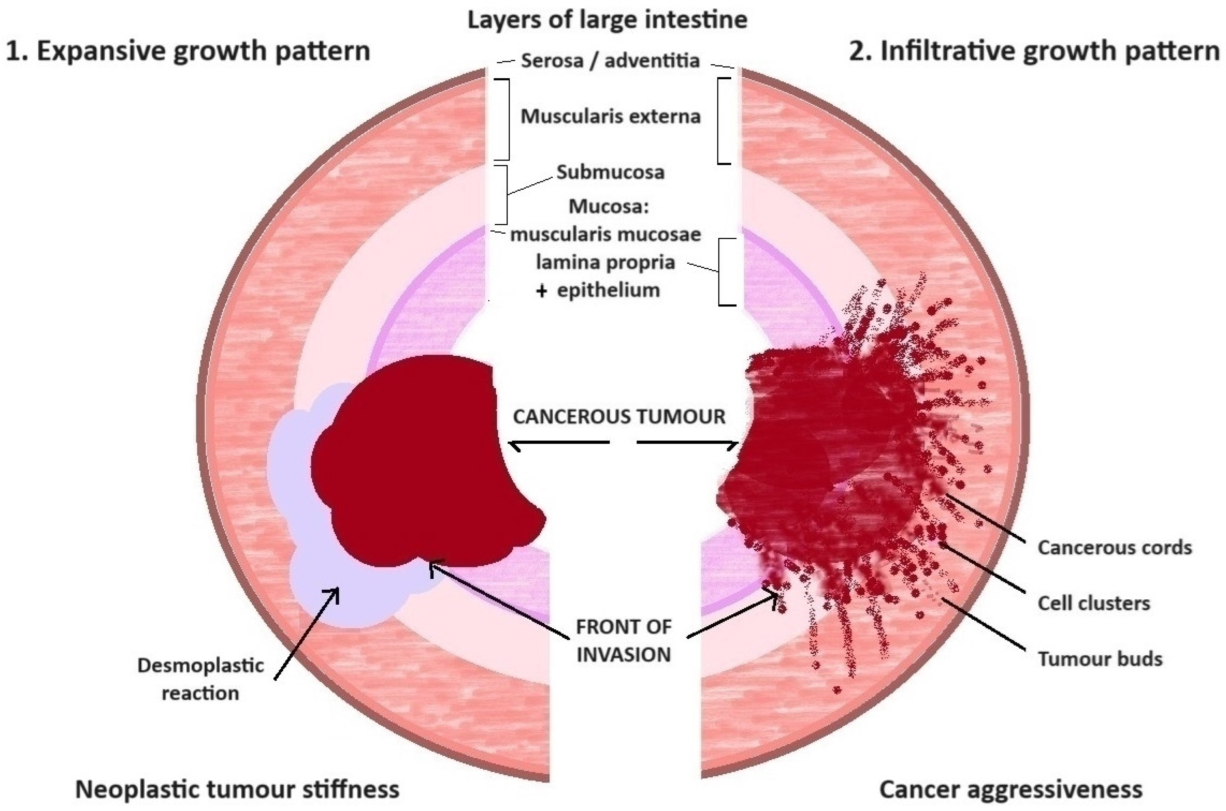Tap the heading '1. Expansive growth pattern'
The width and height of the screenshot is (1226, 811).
tap(188, 52)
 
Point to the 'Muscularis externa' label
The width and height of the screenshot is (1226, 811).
tap(610, 116)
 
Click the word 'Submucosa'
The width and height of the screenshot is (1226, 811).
tap(610, 172)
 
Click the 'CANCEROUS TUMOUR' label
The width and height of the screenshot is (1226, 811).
tap(619, 417)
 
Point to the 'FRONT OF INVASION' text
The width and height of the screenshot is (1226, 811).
tap(623, 641)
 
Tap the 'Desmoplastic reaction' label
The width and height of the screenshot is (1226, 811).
tap(200, 679)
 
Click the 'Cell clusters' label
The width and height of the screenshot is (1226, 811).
tap(1094, 603)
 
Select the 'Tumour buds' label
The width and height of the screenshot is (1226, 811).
tap(1100, 659)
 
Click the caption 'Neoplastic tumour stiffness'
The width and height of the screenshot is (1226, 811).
tap(237, 790)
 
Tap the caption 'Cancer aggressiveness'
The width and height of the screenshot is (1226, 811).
tap(1011, 790)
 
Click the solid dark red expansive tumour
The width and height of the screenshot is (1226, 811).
tap(414, 465)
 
